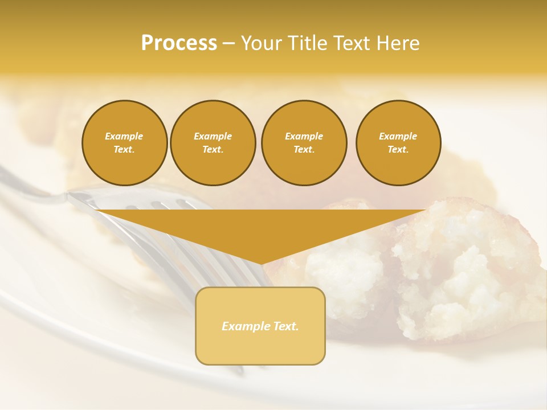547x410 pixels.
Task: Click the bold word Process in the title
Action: tap(179, 43)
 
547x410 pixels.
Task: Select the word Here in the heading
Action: tap(397, 43)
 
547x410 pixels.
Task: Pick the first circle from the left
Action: tap(124, 143)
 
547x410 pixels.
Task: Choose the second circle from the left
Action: tap(213, 143)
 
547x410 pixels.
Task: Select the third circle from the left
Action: tap(304, 143)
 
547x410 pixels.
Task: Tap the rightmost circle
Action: tap(398, 143)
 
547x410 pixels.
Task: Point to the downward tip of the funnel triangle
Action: tap(261, 263)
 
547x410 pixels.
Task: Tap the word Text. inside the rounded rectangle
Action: tap(285, 326)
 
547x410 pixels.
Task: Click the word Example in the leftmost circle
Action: tap(124, 136)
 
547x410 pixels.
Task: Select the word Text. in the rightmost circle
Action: tap(398, 150)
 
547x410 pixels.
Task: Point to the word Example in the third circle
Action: tap(304, 136)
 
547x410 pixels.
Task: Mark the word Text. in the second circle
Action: tap(213, 150)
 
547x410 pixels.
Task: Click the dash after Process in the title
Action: tap(228, 43)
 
